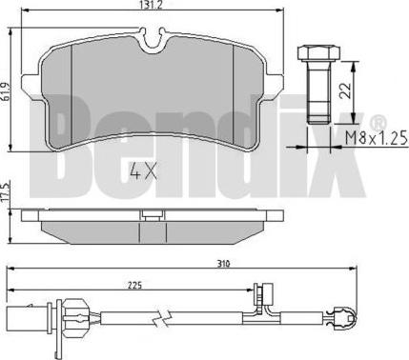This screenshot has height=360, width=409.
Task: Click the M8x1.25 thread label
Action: [x=377, y=138]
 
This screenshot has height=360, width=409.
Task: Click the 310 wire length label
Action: [x=223, y=263]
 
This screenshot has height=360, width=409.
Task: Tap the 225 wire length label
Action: [x=134, y=285]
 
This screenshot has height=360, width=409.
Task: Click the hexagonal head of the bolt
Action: [x=318, y=52]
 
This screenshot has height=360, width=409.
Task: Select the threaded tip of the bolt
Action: [x=319, y=113]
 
